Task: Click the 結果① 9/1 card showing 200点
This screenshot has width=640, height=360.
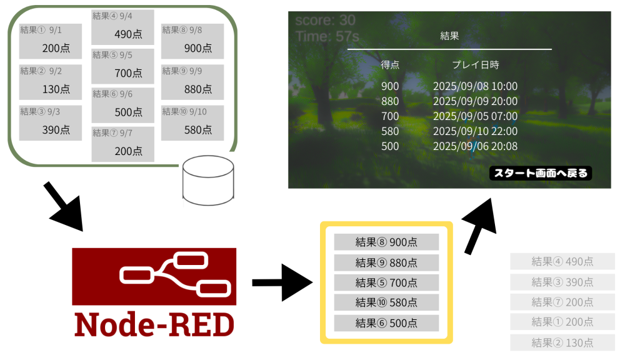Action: (x=50, y=41)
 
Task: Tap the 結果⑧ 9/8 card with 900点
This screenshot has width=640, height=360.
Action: (x=192, y=41)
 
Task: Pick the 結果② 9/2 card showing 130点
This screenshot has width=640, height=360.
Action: (x=50, y=82)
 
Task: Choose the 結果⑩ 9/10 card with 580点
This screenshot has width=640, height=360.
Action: (x=192, y=122)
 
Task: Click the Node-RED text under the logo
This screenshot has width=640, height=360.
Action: (x=154, y=323)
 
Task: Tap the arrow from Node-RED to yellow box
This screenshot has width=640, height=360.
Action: (x=281, y=283)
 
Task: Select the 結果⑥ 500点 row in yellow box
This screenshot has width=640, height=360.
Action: (x=386, y=322)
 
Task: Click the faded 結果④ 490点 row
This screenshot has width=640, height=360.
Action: (x=562, y=261)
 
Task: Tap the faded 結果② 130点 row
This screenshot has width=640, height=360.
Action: (x=562, y=342)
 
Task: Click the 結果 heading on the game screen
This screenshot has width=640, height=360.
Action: (x=449, y=36)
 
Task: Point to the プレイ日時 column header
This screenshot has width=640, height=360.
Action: (x=475, y=65)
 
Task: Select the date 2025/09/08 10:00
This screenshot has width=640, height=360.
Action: (x=475, y=86)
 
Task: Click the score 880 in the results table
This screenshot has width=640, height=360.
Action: (x=390, y=101)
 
